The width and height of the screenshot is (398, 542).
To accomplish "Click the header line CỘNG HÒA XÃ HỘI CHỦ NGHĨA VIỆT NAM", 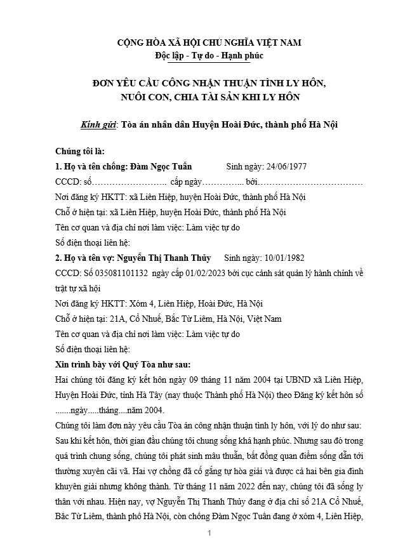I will click(x=209, y=43).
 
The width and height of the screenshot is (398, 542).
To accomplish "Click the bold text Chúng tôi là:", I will click(x=79, y=152).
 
